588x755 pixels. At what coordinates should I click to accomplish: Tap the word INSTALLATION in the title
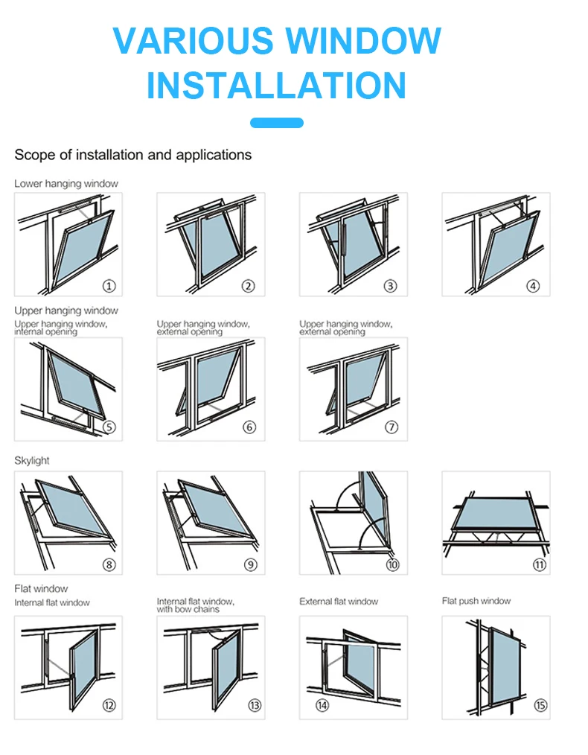[276, 86]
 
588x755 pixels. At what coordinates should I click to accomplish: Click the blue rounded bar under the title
[276, 123]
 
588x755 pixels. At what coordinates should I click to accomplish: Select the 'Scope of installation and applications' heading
[133, 155]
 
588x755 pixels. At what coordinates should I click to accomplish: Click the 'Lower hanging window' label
[66, 183]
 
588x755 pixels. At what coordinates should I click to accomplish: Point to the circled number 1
[109, 286]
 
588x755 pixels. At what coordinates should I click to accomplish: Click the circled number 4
[533, 286]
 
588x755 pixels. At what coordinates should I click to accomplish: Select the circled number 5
[109, 427]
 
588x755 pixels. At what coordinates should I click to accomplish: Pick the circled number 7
[392, 427]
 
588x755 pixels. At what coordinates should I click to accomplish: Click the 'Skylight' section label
[32, 461]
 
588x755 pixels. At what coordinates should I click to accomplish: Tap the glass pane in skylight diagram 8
[72, 508]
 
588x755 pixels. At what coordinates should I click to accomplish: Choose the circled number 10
[392, 564]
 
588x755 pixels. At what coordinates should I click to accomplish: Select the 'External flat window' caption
[339, 602]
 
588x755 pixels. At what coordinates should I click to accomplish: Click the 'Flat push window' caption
[476, 601]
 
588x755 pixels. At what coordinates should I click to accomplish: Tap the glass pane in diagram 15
[508, 663]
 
